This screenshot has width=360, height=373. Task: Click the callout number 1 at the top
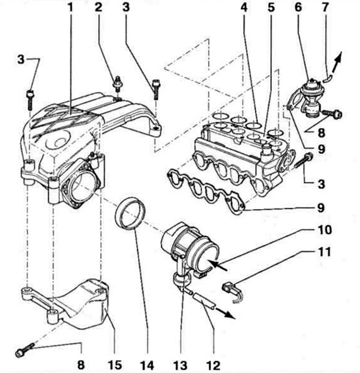tap(70, 7)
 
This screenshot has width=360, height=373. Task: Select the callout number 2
tap(98, 7)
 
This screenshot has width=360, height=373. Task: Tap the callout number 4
tap(244, 7)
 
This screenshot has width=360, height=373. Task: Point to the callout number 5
tap(271, 7)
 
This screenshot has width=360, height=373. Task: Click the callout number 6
tap(298, 7)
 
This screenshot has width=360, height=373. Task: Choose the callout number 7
tap(325, 7)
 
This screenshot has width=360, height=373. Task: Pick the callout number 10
tap(325, 230)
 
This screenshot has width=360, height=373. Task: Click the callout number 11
tap(325, 252)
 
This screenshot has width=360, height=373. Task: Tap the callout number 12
tap(214, 365)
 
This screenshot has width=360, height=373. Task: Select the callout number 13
tap(181, 365)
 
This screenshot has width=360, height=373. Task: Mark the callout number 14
tap(147, 365)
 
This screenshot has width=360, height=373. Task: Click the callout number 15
tap(115, 365)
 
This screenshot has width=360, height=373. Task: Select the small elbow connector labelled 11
tap(233, 292)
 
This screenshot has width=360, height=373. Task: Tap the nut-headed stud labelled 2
tap(117, 84)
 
